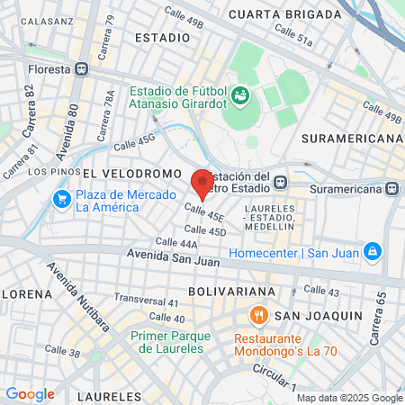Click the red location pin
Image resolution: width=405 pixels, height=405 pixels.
(202, 183)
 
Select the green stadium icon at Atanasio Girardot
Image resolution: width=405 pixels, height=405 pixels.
(240, 94)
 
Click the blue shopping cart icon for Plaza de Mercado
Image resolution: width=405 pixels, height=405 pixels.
(61, 198)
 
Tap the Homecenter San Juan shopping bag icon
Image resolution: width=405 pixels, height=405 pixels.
(371, 251)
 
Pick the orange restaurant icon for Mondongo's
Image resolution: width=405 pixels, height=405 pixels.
(258, 315)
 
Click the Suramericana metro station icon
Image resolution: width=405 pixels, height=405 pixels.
(391, 189)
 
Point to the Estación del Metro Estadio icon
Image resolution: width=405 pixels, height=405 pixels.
(281, 181)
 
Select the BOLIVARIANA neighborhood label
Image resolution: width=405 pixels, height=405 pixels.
(231, 292)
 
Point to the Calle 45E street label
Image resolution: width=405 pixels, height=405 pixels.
(204, 212)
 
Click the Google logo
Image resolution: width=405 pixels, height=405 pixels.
(30, 393)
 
